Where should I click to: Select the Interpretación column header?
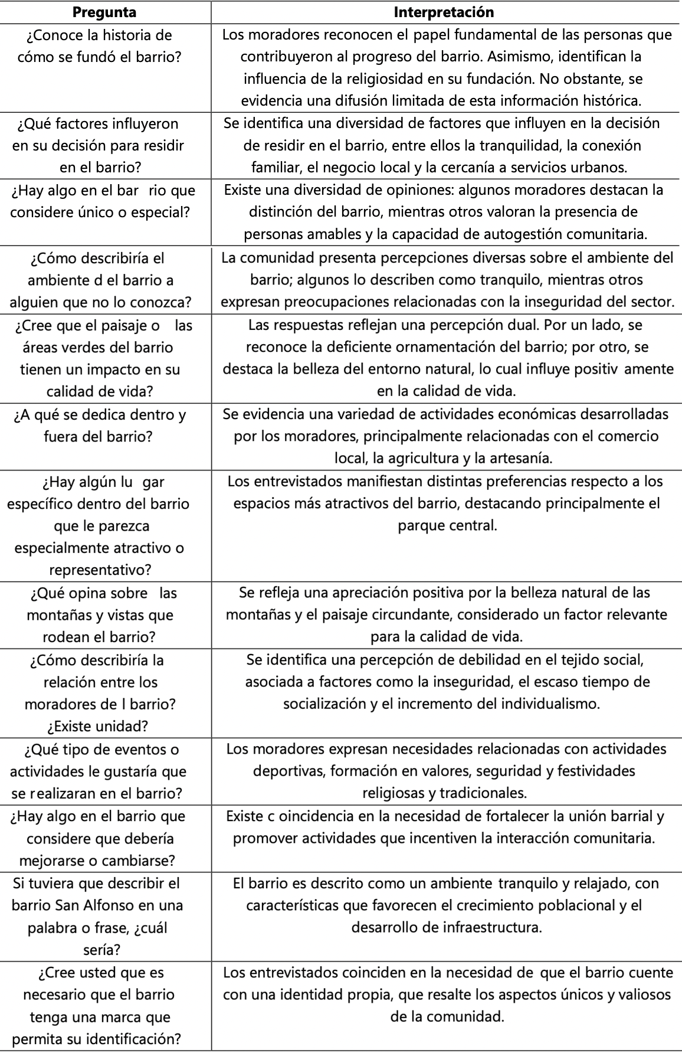point(444,12)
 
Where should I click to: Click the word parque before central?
point(419,525)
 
